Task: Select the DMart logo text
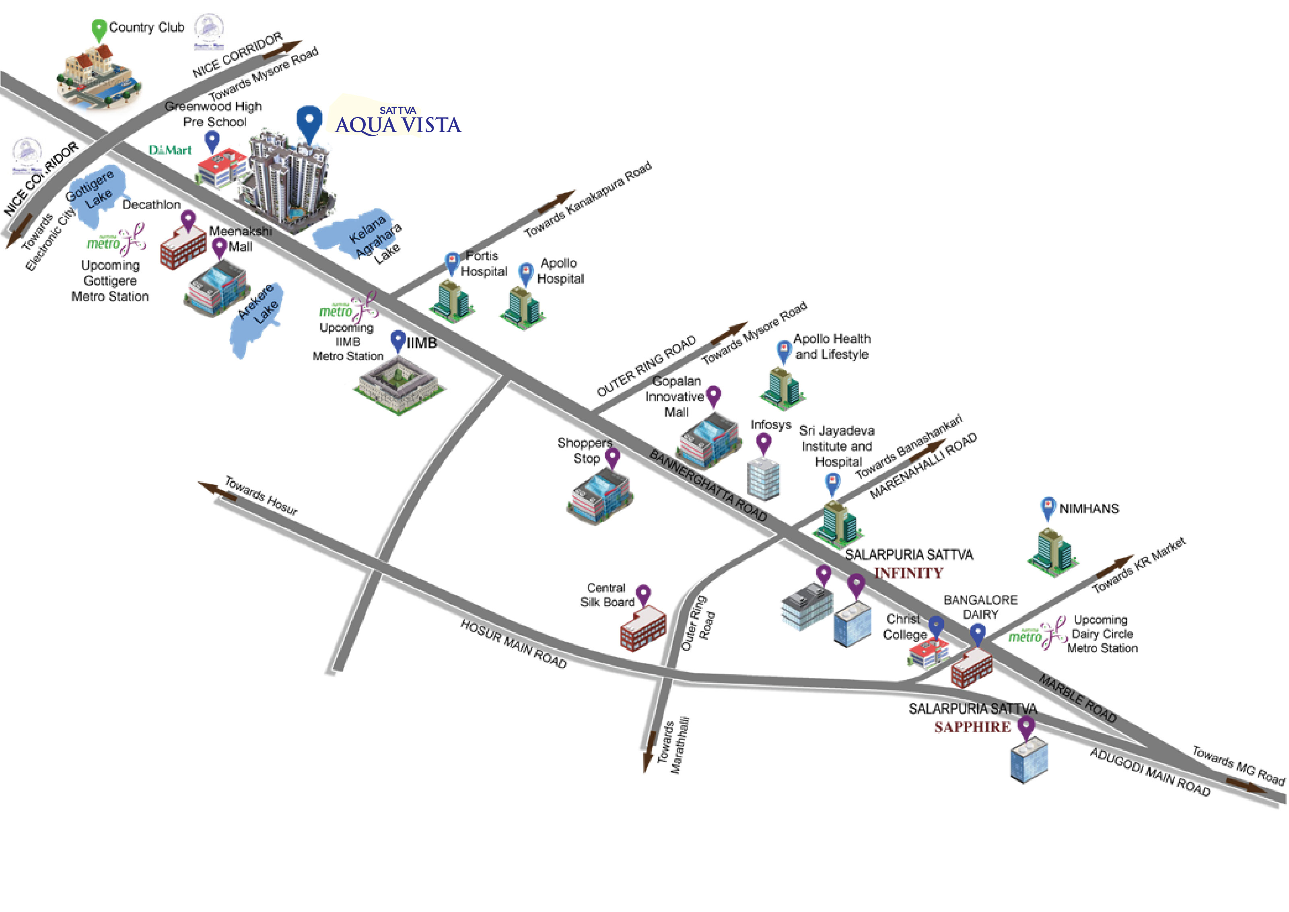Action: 170,150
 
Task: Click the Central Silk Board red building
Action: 643,629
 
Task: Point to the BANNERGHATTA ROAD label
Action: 708,485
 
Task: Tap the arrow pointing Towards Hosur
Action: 216,490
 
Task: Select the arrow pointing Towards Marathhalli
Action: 650,750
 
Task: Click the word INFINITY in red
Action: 908,573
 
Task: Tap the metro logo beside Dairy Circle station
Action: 1036,634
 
